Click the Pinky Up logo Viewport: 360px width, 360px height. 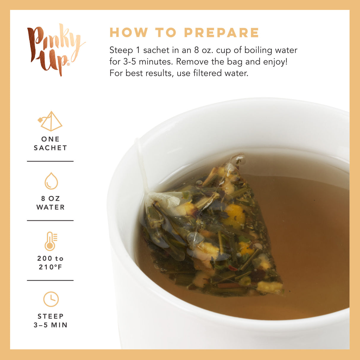coord(55,49)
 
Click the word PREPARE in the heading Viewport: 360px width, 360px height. coord(222,33)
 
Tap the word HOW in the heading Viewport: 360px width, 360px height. coord(129,33)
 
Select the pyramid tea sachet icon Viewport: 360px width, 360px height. coord(51,121)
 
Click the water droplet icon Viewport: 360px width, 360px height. coord(51,181)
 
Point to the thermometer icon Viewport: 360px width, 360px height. coord(50,241)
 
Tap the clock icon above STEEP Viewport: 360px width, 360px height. coord(51,299)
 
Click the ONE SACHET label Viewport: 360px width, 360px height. coord(50,143)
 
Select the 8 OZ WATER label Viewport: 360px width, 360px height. coord(50,203)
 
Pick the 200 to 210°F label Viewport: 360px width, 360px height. coord(50,263)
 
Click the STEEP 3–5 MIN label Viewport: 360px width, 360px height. coord(50,321)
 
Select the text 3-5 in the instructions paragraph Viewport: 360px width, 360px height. coord(130,62)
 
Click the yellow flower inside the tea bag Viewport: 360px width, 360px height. coord(234,215)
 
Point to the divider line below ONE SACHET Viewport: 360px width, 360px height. coord(50,161)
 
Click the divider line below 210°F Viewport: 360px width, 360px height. coord(50,280)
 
